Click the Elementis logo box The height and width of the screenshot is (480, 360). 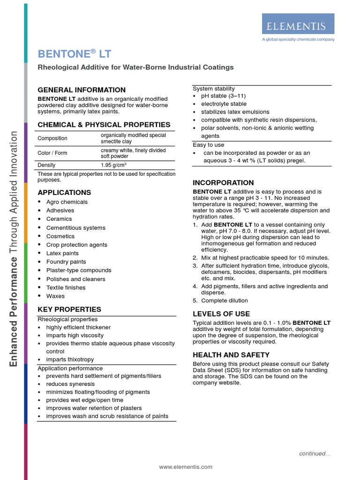click(x=298, y=23)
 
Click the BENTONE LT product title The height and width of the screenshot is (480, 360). click(x=75, y=54)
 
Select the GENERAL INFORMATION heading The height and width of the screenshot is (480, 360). click(x=82, y=90)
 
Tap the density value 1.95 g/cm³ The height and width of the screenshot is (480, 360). click(x=113, y=165)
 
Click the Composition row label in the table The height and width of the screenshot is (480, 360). click(x=52, y=138)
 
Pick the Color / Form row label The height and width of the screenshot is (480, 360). click(x=52, y=153)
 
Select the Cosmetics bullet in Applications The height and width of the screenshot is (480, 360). click(x=60, y=236)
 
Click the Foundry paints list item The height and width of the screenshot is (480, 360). click(x=66, y=262)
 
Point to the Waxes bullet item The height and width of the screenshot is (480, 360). click(x=55, y=296)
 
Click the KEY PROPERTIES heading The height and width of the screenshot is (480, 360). click(x=69, y=309)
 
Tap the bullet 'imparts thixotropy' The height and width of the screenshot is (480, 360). click(x=70, y=360)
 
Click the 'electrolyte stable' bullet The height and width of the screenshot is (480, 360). click(x=224, y=104)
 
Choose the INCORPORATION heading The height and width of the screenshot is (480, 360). click(x=223, y=183)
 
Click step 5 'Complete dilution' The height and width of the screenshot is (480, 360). click(x=225, y=300)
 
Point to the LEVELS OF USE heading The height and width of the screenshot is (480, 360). click(x=221, y=314)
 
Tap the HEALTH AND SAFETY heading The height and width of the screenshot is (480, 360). click(x=231, y=355)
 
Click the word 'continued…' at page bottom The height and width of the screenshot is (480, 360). click(x=315, y=453)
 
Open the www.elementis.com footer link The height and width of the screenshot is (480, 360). click(x=186, y=467)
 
